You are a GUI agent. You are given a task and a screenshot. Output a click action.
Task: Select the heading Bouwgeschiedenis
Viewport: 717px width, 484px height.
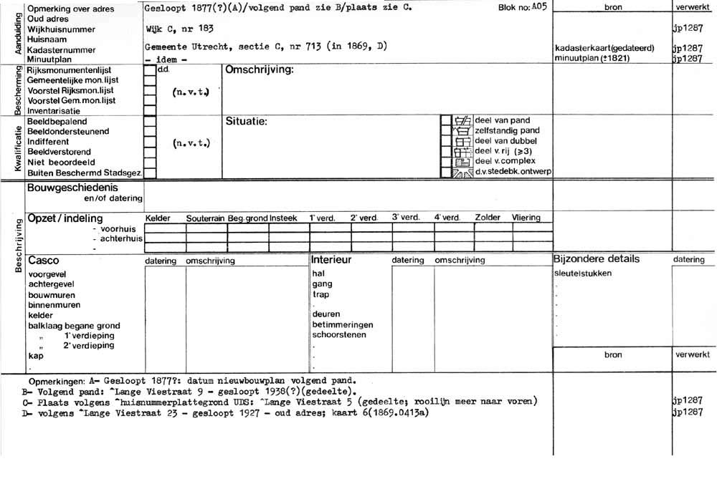tap(72, 188)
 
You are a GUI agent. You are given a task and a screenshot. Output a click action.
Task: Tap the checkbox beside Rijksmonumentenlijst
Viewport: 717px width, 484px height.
tap(150, 71)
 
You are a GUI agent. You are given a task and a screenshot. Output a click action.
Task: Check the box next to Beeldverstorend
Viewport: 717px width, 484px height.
tap(150, 153)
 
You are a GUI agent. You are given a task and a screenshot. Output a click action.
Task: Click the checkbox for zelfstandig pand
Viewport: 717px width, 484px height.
tap(445, 131)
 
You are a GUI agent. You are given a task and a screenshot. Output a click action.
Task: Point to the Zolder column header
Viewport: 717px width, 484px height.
tap(488, 218)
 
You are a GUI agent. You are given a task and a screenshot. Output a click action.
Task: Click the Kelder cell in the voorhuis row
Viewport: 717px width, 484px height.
tap(165, 228)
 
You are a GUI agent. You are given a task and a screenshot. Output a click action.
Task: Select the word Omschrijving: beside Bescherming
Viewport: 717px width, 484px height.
tap(260, 70)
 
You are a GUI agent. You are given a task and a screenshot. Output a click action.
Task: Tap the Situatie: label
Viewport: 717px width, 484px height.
tap(246, 122)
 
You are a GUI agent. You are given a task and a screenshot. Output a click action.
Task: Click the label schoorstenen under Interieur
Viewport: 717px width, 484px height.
tap(339, 334)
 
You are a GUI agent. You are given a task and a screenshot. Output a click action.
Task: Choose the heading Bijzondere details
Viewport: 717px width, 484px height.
tap(596, 259)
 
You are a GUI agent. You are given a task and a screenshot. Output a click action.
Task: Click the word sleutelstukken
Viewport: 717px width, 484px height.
tap(583, 274)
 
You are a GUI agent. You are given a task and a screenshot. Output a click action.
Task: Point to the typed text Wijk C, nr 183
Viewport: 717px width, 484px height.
tap(179, 28)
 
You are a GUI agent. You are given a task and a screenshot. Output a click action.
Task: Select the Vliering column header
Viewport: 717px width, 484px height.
tap(526, 218)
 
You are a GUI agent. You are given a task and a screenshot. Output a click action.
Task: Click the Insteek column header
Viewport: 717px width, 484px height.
tap(283, 218)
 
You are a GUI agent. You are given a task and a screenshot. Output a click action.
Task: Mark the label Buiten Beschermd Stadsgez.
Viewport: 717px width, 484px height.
tap(84, 173)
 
